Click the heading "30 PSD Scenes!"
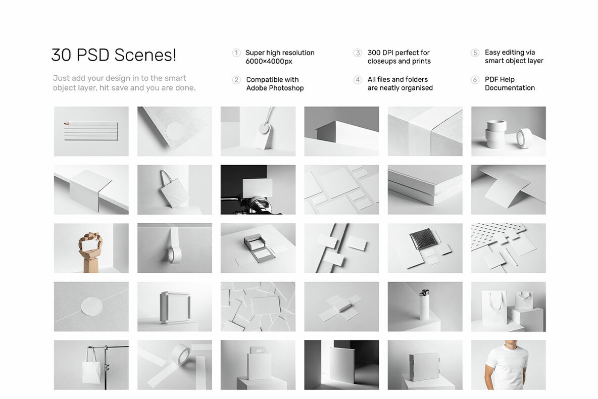coord(114,56)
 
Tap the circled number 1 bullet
coord(236,53)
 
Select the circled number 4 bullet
coord(358,80)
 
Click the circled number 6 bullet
coord(475,80)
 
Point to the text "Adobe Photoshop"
coord(275,88)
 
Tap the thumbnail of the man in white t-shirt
coord(508,365)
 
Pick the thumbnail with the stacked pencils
coord(91,131)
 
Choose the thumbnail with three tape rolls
coord(508,131)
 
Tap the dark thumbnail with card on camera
coord(258,189)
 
